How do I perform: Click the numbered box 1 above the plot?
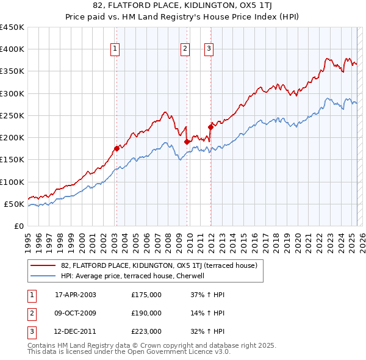(115, 50)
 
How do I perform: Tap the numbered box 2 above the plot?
(185, 50)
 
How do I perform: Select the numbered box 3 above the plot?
(209, 50)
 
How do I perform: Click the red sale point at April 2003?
(117, 148)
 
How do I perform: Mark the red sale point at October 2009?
(187, 142)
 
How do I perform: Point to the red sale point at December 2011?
(210, 127)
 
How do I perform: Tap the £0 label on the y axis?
(18, 226)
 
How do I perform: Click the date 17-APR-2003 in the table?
(75, 295)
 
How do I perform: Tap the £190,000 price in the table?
(146, 313)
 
